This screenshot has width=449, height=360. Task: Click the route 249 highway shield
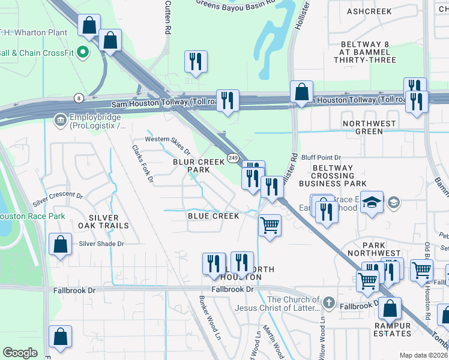click(234, 157)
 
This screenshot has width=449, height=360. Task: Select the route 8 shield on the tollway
click(79, 98)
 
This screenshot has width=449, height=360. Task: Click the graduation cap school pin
click(372, 202)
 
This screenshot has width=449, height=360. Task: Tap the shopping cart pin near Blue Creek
click(270, 226)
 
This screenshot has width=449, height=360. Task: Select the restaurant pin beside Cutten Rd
click(196, 61)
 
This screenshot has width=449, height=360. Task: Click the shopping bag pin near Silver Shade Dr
click(60, 244)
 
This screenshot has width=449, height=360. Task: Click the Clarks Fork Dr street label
click(143, 164)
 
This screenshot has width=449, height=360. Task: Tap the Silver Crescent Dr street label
click(58, 197)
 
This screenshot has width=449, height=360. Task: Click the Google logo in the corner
click(20, 353)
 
